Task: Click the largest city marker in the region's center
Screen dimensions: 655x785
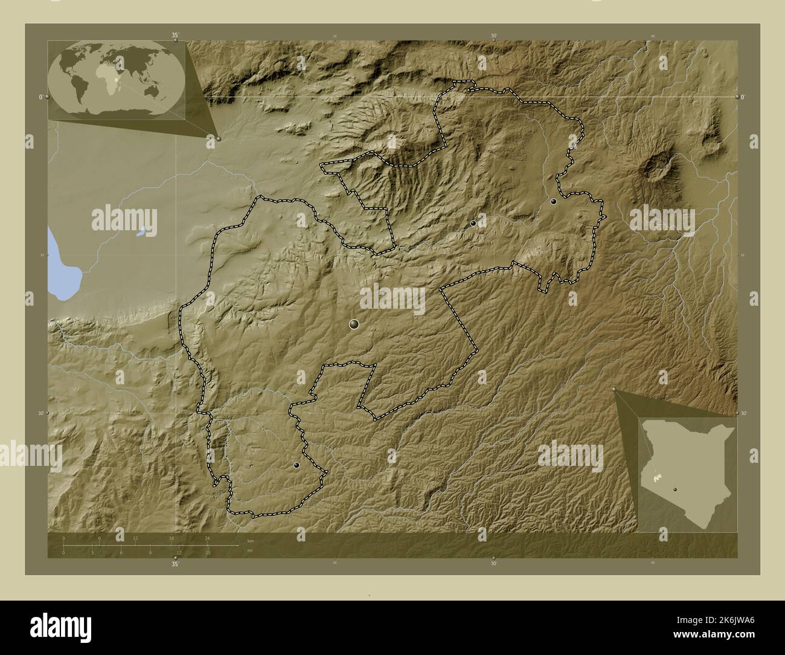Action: tap(354, 325)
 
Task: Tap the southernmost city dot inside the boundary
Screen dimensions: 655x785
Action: tap(296, 465)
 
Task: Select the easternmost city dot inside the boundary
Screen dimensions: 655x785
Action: tap(553, 202)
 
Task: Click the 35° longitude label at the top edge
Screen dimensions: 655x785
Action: tap(175, 36)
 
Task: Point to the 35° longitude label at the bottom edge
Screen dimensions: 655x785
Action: tap(175, 564)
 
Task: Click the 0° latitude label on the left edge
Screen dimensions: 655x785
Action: tap(40, 97)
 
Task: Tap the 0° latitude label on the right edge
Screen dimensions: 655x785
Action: tap(742, 97)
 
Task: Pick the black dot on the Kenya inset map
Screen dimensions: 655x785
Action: tap(676, 490)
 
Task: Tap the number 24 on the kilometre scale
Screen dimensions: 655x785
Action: tap(207, 538)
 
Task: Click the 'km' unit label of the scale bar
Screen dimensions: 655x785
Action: tap(250, 540)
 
